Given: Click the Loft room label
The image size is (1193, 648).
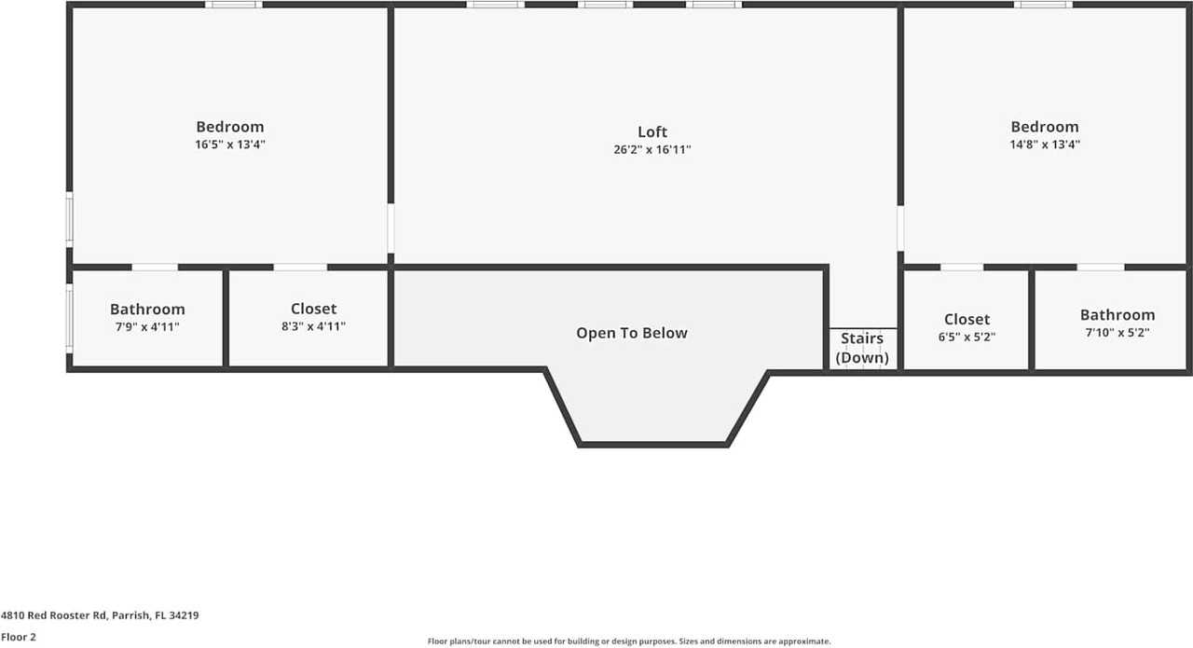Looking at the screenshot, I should (x=651, y=131).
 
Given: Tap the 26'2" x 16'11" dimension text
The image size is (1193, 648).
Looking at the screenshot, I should (x=651, y=149).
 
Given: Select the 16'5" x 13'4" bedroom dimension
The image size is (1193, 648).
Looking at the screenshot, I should (x=229, y=145).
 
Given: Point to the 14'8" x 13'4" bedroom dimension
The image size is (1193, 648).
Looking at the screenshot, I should (x=1044, y=145).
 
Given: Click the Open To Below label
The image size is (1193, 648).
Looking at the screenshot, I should (x=631, y=333).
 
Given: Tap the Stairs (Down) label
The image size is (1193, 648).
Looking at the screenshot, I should (x=862, y=348).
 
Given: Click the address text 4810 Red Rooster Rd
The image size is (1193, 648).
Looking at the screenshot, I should (x=100, y=615).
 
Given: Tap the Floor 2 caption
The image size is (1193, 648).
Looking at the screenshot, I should (x=18, y=637).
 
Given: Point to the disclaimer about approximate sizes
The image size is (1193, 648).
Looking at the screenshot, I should (x=628, y=641).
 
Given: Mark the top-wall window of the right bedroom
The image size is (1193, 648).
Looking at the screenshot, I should (x=1043, y=5).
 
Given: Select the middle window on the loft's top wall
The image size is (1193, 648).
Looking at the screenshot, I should (x=605, y=5).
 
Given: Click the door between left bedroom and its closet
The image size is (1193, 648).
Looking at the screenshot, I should (x=300, y=268).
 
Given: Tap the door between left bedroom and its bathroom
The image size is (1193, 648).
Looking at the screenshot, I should (x=155, y=268).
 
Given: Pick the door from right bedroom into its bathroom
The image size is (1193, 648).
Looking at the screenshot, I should (x=1101, y=268).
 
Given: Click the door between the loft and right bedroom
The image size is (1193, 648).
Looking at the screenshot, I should (x=900, y=228).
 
